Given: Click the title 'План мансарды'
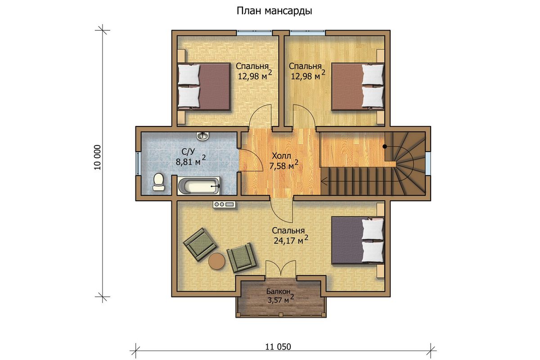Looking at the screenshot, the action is [x=274, y=11].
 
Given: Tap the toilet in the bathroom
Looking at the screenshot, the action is [x=158, y=182].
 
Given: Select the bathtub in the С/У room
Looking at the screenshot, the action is [x=199, y=186].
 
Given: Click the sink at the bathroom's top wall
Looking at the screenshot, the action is [x=202, y=136].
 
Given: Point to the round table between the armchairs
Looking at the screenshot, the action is [x=217, y=261].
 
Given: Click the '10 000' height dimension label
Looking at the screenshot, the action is [x=98, y=157].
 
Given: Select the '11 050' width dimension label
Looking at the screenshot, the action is [x=278, y=347].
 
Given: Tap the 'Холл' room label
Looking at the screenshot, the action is [x=281, y=156].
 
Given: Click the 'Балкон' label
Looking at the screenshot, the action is [x=278, y=292].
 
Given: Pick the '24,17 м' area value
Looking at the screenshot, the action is [x=288, y=241].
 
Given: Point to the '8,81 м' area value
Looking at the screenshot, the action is [x=188, y=162].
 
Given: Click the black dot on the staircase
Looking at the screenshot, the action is [x=385, y=146].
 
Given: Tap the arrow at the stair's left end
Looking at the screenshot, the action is [x=324, y=181].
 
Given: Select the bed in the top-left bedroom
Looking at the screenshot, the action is [x=204, y=87].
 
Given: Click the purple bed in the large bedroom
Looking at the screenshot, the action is [x=358, y=240].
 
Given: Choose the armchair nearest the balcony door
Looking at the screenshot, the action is [x=242, y=258].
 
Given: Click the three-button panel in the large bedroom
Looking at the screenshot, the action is [x=224, y=204].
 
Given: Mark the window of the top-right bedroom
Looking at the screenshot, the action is [x=307, y=33].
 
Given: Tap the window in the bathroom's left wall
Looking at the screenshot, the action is [x=138, y=163].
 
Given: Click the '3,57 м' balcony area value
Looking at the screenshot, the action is [x=278, y=301].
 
